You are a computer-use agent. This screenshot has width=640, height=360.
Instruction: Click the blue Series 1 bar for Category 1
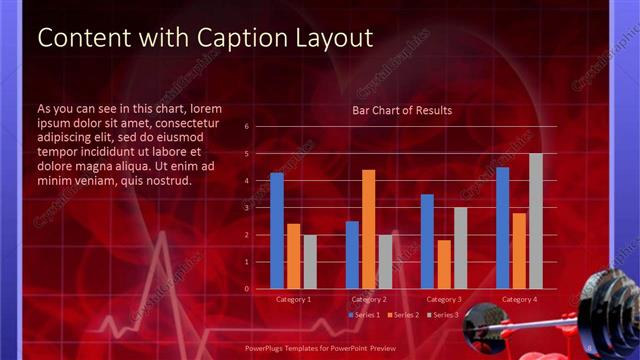[277, 230]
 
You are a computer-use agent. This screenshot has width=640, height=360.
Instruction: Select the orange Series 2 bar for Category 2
[368, 229]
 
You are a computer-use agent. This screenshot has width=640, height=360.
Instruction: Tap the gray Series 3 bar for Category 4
[535, 221]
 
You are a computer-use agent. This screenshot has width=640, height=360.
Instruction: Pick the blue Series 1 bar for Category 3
[427, 241]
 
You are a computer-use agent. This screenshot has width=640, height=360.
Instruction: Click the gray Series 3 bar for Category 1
[309, 262]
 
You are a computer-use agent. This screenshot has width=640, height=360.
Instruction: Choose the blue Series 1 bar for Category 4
[502, 227]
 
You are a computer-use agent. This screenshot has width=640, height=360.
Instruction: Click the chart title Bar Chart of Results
[402, 110]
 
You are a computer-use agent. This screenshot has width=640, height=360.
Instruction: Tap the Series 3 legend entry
[442, 315]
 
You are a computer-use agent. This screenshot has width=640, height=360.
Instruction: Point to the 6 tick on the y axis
[247, 127]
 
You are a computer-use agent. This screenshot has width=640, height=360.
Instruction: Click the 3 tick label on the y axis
[247, 208]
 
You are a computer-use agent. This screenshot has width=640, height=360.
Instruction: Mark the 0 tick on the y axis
[247, 289]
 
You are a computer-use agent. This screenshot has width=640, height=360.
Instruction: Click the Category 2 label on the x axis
[369, 300]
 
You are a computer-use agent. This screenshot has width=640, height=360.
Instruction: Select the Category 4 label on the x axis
[519, 300]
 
